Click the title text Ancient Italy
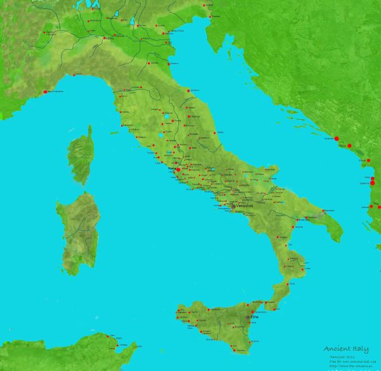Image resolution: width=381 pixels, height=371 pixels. point(342,348)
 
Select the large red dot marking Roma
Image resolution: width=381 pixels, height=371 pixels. point(178,170)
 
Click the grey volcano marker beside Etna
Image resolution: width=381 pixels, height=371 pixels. point(248,316)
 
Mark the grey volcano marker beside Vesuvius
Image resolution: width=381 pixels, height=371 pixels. point(234,206)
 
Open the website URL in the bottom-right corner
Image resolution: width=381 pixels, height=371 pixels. point(347,366)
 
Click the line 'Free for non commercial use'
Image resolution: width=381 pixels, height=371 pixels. point(345,360)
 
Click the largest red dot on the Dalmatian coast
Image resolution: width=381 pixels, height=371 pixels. point(337,138)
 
